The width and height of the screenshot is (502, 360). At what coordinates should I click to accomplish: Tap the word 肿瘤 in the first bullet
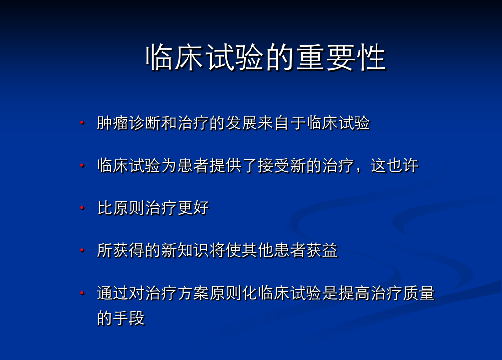click(x=113, y=123)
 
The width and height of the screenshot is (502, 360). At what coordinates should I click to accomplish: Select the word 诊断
click(x=145, y=123)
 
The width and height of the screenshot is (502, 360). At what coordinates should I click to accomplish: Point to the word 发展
click(x=242, y=123)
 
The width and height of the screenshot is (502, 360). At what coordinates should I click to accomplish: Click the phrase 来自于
click(x=282, y=123)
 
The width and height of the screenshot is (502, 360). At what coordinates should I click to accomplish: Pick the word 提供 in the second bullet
click(x=226, y=166)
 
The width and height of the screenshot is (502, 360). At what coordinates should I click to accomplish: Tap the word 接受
click(x=274, y=166)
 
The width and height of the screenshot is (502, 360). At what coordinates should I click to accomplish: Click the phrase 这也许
click(x=394, y=166)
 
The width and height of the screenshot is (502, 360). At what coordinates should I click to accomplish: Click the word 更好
click(x=193, y=208)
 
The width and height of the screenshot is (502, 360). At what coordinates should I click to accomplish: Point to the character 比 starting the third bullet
click(x=105, y=208)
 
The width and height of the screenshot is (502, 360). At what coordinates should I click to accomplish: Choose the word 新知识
click(x=186, y=250)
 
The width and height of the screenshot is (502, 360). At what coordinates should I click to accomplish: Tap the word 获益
click(x=322, y=250)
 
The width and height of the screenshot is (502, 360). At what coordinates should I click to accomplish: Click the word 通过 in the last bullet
click(x=113, y=293)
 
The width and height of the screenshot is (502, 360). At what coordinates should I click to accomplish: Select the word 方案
click(x=193, y=293)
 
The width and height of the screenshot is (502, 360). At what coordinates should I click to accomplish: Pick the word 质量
click(x=419, y=293)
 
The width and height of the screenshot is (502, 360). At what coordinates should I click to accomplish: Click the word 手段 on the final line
click(x=129, y=318)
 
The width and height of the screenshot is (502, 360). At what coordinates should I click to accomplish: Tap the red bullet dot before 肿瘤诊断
click(x=82, y=123)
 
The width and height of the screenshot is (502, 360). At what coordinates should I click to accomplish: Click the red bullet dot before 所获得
click(x=82, y=250)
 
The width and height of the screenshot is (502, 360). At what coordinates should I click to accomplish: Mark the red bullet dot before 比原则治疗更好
click(x=82, y=208)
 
